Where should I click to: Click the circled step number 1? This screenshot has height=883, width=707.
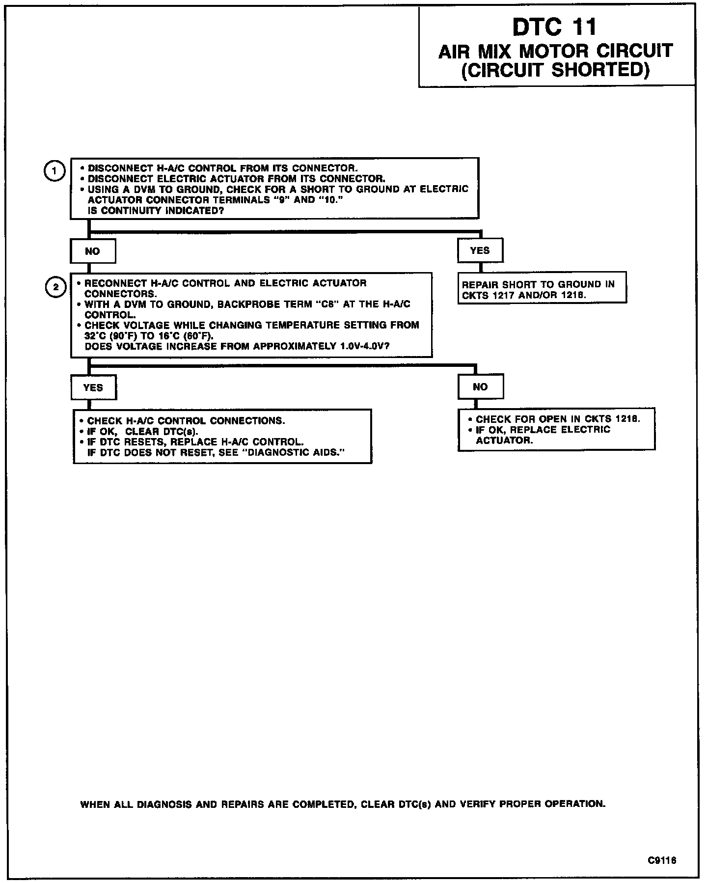[x=54, y=171]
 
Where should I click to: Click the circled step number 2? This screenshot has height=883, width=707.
[x=55, y=287]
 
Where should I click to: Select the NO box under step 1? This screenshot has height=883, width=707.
[x=93, y=251]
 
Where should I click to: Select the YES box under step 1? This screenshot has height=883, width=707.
[x=480, y=250]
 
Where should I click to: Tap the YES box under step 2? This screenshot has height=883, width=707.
[x=94, y=387]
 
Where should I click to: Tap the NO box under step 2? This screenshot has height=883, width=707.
[x=480, y=386]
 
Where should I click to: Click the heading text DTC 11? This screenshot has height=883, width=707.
[x=555, y=27]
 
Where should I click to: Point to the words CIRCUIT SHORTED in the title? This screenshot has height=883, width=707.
[x=556, y=70]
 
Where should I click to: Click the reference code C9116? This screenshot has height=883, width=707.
[x=662, y=860]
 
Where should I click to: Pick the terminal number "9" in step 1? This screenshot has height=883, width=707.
[x=284, y=200]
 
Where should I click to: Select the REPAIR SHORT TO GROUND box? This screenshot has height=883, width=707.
[x=542, y=290]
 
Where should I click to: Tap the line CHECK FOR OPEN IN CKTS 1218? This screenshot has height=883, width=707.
[x=558, y=419]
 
